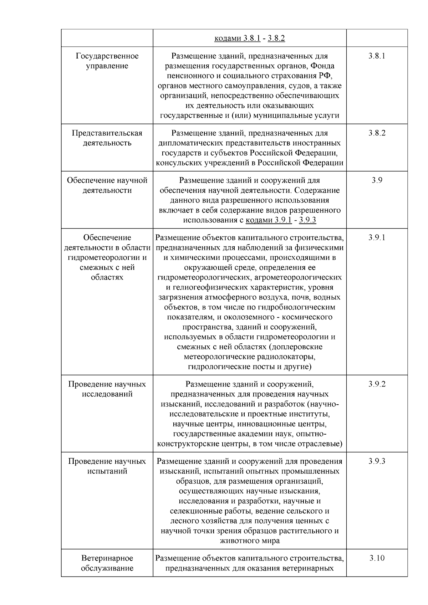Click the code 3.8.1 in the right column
pos(377,56)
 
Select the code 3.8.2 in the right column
pos(377,133)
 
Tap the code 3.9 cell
pos(377,180)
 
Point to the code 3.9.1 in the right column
pos(377,237)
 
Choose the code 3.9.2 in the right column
pos(377,384)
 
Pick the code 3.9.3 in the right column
pos(377,461)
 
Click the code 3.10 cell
pos(377,558)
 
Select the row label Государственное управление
pos(107,61)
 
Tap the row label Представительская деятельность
pos(107,138)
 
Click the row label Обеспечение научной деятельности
pos(107,185)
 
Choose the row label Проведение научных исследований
pos(107,389)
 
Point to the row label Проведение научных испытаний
pos(107,466)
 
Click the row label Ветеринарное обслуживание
pos(107,563)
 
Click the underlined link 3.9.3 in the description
pos(307,220)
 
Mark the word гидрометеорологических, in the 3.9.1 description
pos(206,277)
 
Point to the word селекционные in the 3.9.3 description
pos(193,511)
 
